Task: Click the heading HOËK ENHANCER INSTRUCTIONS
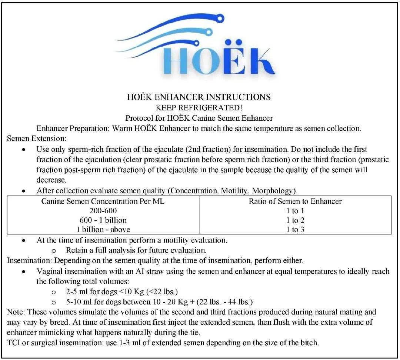[x=199, y=97]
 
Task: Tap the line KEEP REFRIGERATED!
[x=199, y=108]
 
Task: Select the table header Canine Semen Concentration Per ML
[x=103, y=201]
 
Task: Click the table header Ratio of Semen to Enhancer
[x=295, y=201]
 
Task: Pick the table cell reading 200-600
[x=103, y=211]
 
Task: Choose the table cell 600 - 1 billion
[x=103, y=220]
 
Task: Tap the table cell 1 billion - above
[x=103, y=229]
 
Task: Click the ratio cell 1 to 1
[x=295, y=211]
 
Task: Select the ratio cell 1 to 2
[x=295, y=220]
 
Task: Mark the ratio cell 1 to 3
[x=295, y=229]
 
